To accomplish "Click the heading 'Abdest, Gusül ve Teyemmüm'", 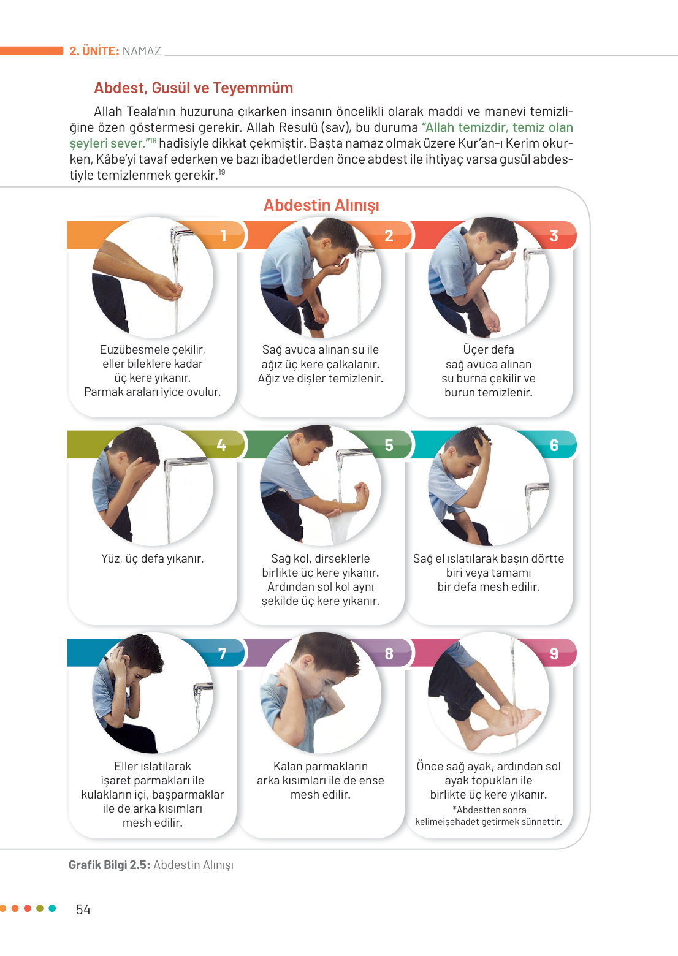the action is tap(194, 88).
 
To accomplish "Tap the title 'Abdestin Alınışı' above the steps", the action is tap(321, 205).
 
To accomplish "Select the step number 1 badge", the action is tap(223, 235).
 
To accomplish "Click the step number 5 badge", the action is tap(389, 445).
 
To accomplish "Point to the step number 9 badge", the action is tap(554, 653).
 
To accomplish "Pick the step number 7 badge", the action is tap(223, 653).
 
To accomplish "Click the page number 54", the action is tap(83, 909).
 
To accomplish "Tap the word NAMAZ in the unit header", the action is tap(142, 51).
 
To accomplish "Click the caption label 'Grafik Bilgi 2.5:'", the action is tap(109, 865).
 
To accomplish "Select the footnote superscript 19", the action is tap(221, 172).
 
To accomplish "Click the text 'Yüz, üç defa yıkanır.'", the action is tap(153, 558).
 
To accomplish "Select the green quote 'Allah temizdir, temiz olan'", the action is tap(497, 127).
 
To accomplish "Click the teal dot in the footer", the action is tap(52, 908).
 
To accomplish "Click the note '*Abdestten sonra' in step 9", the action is tap(489, 810).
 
